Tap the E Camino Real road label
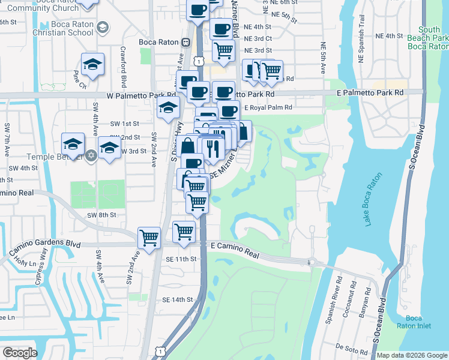point(235,250)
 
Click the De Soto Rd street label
point(347,347)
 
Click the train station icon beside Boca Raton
point(186,42)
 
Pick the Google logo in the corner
point(20,353)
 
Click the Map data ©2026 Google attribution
point(412,355)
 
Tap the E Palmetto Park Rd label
point(370,93)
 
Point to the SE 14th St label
point(177,299)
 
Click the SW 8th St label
point(100,214)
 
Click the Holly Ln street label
point(25,262)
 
